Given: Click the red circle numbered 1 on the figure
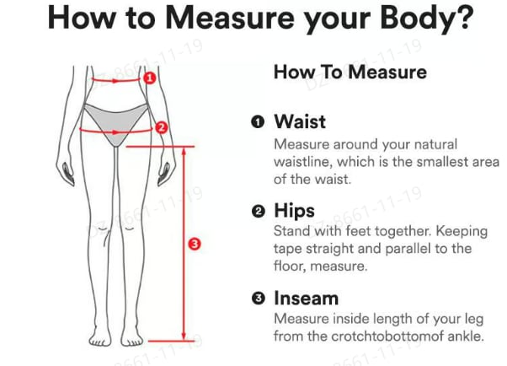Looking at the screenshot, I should pos(150,78).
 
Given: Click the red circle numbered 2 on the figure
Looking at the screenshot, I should pos(163,127).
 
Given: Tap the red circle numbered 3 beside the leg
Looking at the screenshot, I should pos(195,244).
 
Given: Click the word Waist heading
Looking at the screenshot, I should pos(299,122).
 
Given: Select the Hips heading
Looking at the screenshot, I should pos(294,210).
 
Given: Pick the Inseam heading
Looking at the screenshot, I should pos(306,299).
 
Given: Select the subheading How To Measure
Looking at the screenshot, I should pos(350,73).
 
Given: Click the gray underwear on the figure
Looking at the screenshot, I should pos(115,116).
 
